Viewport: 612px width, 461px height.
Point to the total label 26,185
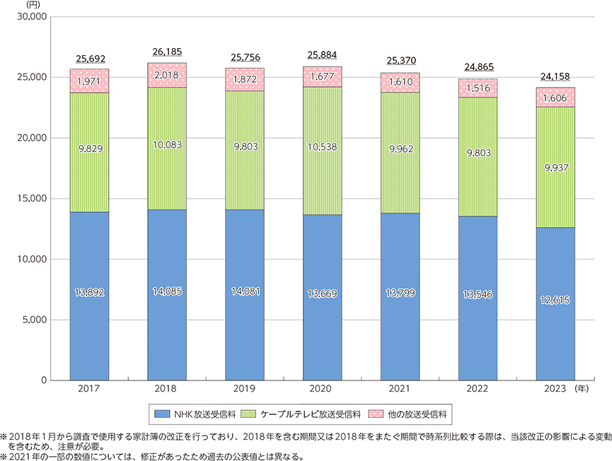pos(167,52)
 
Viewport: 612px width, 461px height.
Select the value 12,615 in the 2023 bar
pos(555,300)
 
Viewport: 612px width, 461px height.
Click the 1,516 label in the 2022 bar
pos(478,88)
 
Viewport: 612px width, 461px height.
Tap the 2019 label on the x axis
pos(244,389)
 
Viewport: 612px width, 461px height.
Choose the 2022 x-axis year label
pos(478,389)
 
